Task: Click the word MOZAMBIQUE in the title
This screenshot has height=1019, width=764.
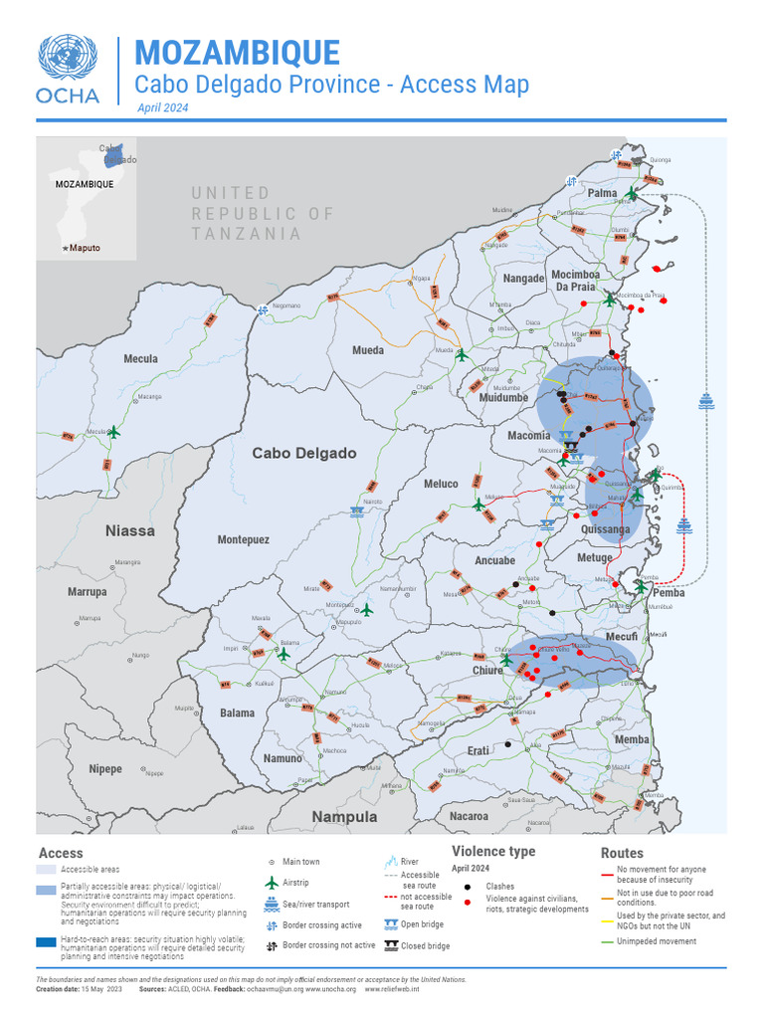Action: click(237, 54)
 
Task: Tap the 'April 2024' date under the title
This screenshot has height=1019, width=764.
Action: click(162, 107)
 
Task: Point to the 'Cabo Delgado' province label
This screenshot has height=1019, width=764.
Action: click(303, 453)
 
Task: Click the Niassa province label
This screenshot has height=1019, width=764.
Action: click(130, 530)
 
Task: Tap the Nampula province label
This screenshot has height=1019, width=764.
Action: click(344, 816)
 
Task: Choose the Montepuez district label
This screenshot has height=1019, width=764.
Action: click(243, 539)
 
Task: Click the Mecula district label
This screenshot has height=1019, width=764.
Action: click(140, 358)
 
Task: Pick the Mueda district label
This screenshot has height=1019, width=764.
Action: click(367, 350)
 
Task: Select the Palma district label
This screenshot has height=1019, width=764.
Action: click(602, 193)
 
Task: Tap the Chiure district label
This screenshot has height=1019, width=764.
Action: click(487, 671)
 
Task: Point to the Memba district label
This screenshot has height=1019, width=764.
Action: click(632, 739)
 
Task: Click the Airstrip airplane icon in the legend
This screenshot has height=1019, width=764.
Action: click(271, 883)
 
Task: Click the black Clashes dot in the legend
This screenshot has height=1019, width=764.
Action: click(467, 885)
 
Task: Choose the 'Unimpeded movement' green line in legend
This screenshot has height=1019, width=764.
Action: click(607, 941)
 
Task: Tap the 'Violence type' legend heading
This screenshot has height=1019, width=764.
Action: click(493, 851)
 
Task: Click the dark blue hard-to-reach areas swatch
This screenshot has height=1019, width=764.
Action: click(46, 941)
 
